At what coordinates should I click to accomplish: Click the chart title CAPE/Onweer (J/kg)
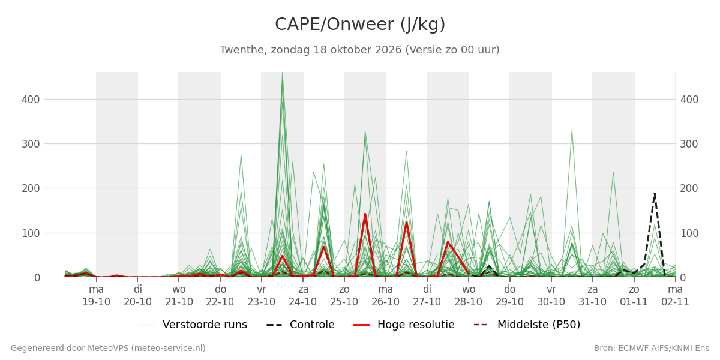(x=360, y=25)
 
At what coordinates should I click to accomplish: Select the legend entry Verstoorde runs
(x=193, y=325)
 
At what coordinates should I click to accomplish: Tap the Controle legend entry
(x=301, y=325)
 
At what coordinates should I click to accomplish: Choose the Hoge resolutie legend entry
(x=404, y=325)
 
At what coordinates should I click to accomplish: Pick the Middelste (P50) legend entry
(x=527, y=325)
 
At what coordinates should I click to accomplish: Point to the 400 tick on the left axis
(x=31, y=100)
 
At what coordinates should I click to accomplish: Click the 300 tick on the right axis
(x=689, y=144)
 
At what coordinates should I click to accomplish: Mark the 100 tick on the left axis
(x=31, y=233)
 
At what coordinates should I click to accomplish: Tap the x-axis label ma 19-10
(x=96, y=296)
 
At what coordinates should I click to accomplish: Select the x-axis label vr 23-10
(x=262, y=296)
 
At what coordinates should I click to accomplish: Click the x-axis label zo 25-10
(x=344, y=296)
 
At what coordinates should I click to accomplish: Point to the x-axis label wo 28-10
(x=469, y=296)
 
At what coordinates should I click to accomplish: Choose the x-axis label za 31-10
(x=592, y=296)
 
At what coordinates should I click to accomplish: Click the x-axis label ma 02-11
(x=675, y=296)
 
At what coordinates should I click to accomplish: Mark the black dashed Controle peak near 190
(x=655, y=193)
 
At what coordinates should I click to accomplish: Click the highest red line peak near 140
(x=365, y=214)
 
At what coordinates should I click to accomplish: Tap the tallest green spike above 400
(x=282, y=73)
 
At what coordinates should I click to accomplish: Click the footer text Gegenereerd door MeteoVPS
(x=108, y=348)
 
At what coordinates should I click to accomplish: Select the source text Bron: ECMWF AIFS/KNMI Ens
(x=652, y=348)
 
